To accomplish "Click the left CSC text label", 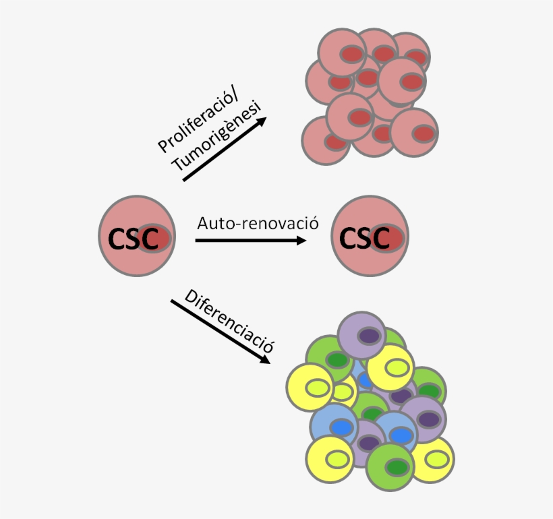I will coord(133,239).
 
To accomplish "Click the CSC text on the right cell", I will coord(364,238).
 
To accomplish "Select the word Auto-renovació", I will coord(257,223).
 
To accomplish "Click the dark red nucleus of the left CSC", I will coord(156,238).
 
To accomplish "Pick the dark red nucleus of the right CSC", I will coord(388,238).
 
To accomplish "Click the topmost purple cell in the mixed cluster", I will coord(361,335).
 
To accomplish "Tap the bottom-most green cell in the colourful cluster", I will coord(391,467).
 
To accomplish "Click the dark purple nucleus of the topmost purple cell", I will coord(368,335).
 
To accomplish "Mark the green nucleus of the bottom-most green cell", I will coord(397,467).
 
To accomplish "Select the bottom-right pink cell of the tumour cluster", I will coord(415,133).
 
